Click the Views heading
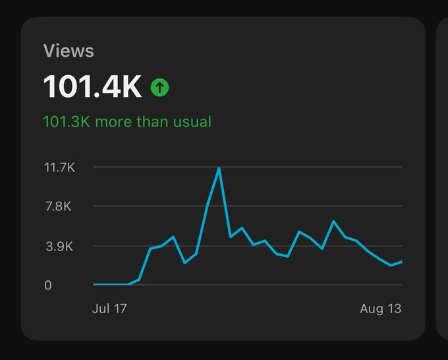tap(69, 51)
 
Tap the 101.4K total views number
tap(92, 87)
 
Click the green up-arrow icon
tap(159, 87)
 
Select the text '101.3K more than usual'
tap(127, 122)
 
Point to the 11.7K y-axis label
tap(59, 167)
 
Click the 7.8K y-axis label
tap(58, 206)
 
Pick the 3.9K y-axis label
tap(58, 247)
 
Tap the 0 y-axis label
tap(48, 285)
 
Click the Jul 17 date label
tap(109, 309)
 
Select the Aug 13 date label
tap(380, 309)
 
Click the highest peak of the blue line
tap(219, 168)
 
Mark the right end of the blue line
tap(401, 262)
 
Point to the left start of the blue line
tap(94, 285)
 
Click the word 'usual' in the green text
tap(194, 122)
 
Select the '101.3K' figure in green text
tap(67, 122)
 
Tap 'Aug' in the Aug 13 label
tap(372, 309)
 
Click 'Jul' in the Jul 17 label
tap(101, 309)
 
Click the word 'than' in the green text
tap(152, 122)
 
